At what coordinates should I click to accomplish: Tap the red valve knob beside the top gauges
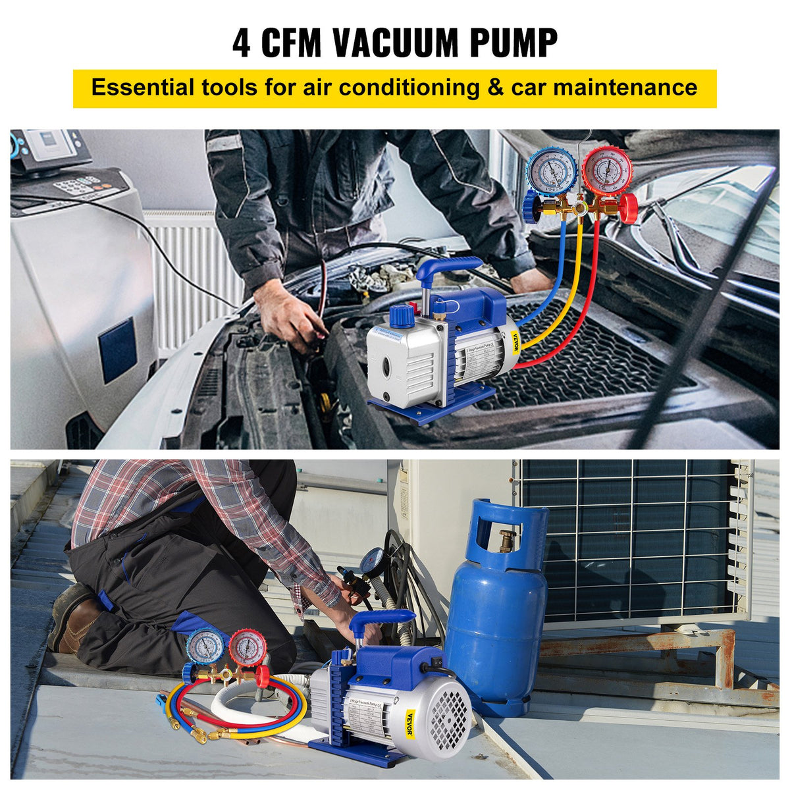[627, 208]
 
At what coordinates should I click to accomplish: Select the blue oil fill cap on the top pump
[402, 316]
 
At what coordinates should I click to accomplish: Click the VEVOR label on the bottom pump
[411, 724]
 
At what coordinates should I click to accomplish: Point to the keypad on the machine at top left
[77, 185]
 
